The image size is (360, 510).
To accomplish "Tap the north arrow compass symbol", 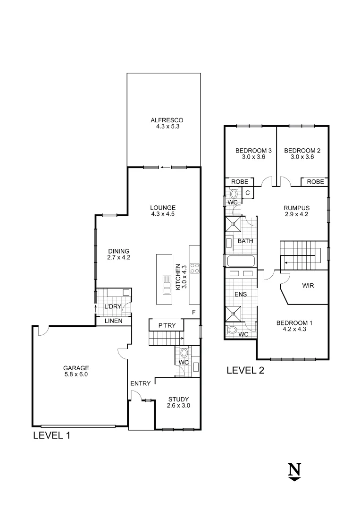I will [x=294, y=472].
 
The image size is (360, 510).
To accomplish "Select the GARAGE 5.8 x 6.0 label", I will [x=76, y=371].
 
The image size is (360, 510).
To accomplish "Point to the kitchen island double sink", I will [x=167, y=284].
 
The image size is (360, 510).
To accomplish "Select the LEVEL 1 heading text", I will [x=51, y=435].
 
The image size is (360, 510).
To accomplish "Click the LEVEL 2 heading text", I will [x=245, y=370].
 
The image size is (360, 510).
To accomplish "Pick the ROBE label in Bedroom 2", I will [x=315, y=182].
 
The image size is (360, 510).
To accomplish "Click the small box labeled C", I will [x=248, y=193].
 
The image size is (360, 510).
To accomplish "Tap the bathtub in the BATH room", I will [x=241, y=261].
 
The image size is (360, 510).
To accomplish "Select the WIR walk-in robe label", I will [x=308, y=286].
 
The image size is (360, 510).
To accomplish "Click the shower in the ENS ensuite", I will [x=234, y=313].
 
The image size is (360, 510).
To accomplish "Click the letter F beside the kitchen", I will [x=193, y=312].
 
